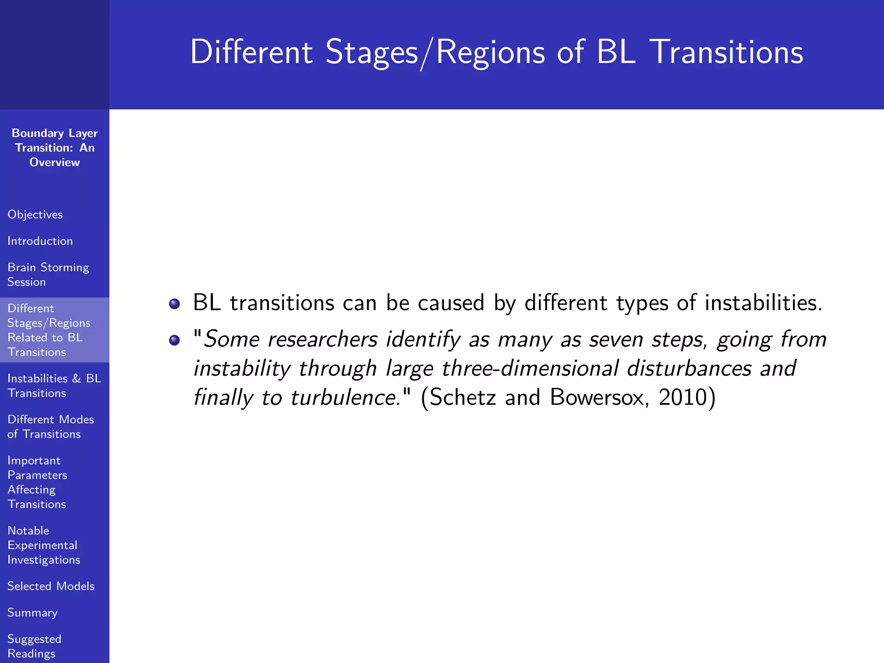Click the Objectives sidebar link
tap(35, 215)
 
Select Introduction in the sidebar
tap(40, 241)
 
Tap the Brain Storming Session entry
tap(48, 275)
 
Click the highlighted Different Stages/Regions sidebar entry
tap(49, 330)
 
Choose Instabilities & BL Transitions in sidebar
tap(54, 385)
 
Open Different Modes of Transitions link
tap(51, 426)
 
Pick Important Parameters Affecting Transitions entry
tap(37, 482)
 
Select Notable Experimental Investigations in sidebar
tap(44, 545)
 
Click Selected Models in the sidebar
tap(51, 586)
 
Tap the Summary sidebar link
tap(32, 612)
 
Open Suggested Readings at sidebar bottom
tap(34, 646)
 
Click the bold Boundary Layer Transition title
tap(54, 148)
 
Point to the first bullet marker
tap(174, 304)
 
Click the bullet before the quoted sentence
tap(174, 341)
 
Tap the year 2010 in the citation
tap(682, 397)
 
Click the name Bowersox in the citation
tap(599, 397)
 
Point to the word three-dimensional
tap(530, 369)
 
